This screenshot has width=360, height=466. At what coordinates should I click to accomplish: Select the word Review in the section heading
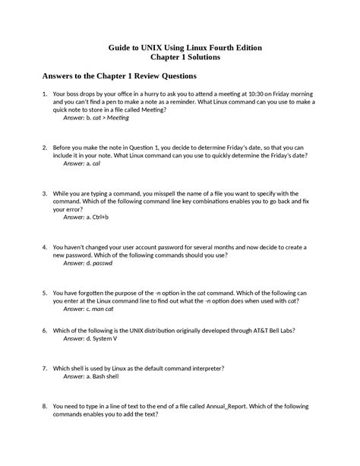147,76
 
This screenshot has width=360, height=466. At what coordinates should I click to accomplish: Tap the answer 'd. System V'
103,338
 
